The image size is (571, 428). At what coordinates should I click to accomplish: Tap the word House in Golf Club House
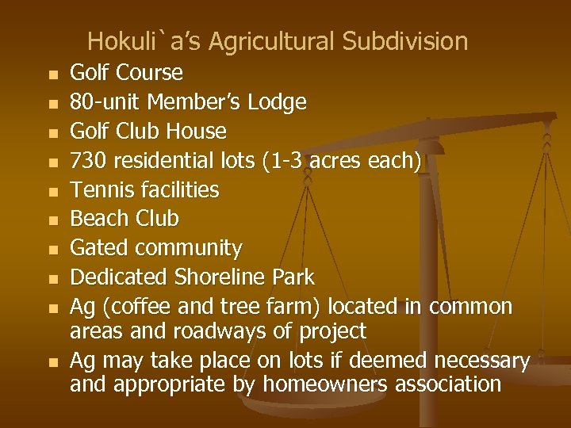(199, 131)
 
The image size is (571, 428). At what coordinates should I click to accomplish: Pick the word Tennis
(98, 190)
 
